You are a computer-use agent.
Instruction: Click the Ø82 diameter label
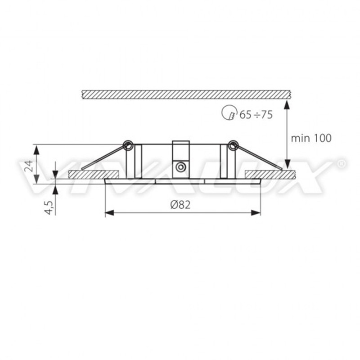180,205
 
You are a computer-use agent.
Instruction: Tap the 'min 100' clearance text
311,138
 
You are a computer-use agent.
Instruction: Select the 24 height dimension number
29,166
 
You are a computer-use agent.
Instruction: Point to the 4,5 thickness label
49,207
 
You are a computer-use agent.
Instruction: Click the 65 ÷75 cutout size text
256,114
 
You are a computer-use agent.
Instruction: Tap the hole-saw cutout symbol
229,112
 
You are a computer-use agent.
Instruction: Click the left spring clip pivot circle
128,145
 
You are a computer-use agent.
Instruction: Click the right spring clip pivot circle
233,145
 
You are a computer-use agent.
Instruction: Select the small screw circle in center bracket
180,167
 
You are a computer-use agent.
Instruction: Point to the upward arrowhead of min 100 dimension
287,105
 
